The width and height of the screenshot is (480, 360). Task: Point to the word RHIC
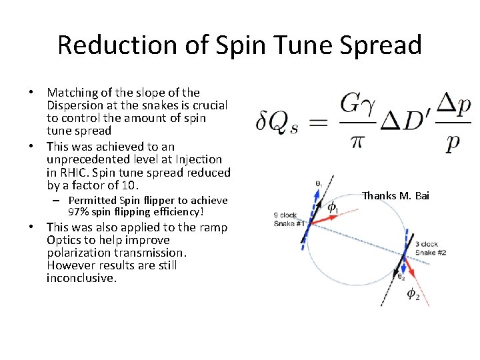[75, 172]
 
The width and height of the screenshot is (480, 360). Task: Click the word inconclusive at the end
[81, 278]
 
